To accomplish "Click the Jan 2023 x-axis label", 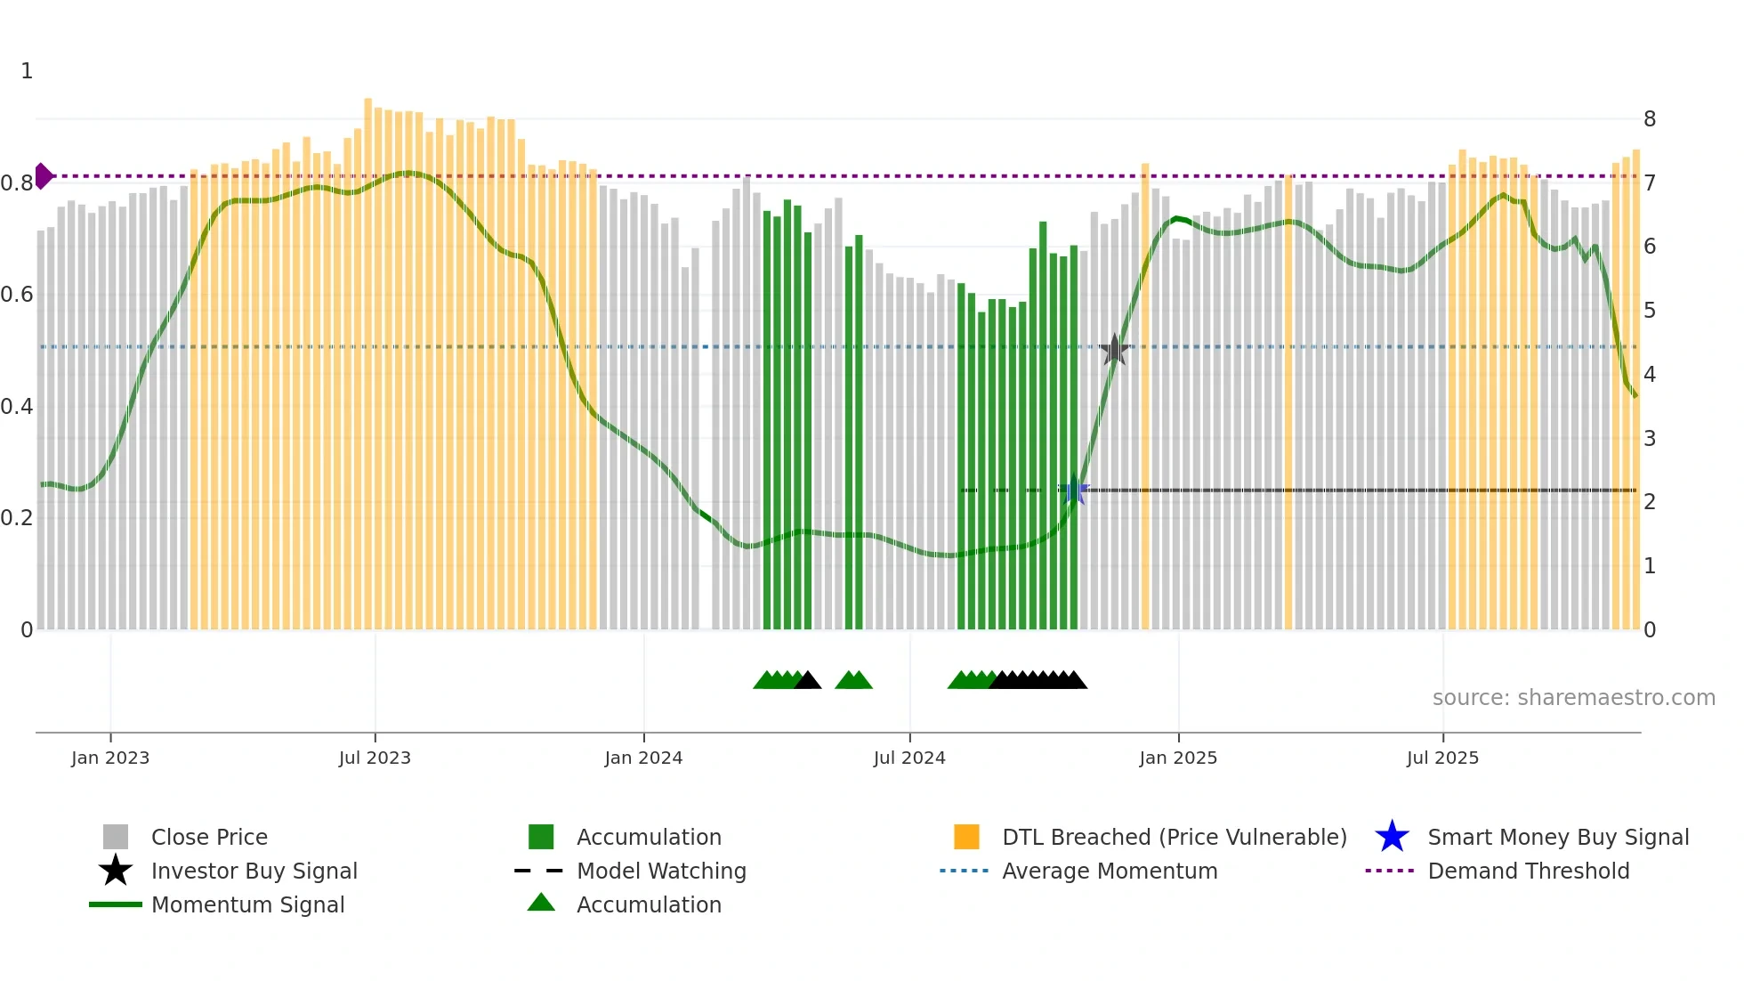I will point(110,758).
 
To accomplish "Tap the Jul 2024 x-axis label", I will point(909,758).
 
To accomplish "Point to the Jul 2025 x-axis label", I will point(1442,758).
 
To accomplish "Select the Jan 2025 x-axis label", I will point(1178,758).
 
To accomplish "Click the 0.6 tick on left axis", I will point(17,295).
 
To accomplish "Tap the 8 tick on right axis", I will point(1649,119).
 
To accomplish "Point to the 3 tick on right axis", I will point(1649,438).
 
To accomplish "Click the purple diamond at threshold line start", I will point(43,176).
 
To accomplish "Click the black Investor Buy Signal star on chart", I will point(1114,350).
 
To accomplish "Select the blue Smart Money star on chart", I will point(1074,490).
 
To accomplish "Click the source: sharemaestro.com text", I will point(1573,698).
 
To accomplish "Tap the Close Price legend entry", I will point(209,837).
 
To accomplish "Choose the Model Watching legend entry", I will point(661,871).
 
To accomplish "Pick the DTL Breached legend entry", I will point(1174,837).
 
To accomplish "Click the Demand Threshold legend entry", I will point(1528,871).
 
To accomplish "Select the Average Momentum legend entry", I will point(1109,871).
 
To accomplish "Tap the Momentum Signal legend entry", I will point(247,904).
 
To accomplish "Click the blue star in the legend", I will point(1392,837).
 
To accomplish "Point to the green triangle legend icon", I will point(541,904).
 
